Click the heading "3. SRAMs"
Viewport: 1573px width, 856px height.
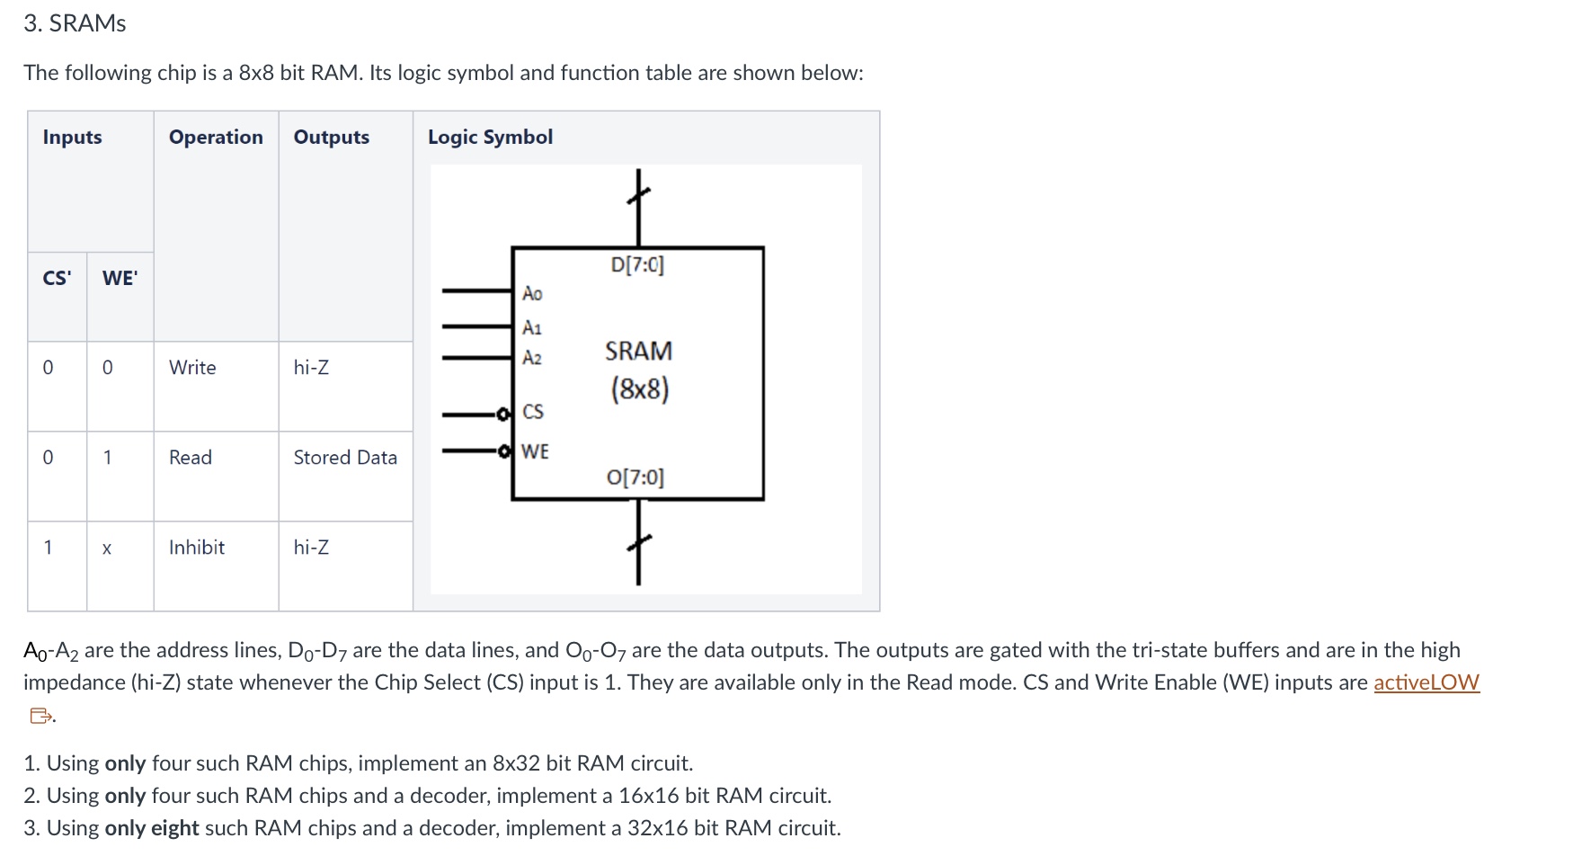(75, 23)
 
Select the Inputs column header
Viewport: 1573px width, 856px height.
(72, 138)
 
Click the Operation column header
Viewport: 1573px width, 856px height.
(216, 138)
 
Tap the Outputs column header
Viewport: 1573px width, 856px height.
(331, 138)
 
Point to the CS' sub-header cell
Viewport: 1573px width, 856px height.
(57, 278)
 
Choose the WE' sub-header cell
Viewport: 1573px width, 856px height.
(120, 278)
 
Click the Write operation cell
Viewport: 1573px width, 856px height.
(192, 368)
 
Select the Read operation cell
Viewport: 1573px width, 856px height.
(191, 458)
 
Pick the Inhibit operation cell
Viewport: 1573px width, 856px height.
(197, 548)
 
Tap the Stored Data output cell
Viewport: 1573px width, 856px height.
(345, 458)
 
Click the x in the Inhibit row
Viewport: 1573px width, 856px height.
(107, 548)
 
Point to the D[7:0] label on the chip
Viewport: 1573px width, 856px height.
(637, 265)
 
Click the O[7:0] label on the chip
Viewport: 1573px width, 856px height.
(635, 477)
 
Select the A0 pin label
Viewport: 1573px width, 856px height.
(532, 294)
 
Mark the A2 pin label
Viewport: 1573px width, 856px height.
(532, 358)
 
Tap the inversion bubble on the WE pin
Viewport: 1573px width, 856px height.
(505, 450)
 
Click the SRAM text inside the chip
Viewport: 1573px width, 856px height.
(638, 351)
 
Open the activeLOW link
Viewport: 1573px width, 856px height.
(1426, 682)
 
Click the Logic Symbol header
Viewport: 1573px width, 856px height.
(490, 138)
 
